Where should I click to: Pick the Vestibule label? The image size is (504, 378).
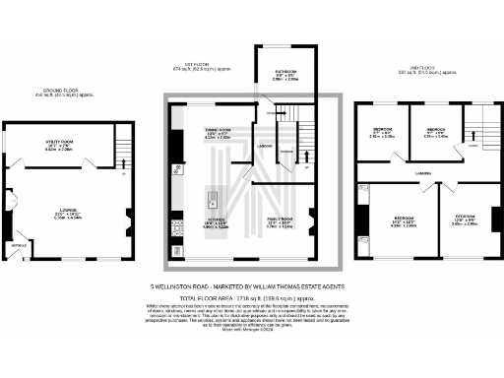(18, 244)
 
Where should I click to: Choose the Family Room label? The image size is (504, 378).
(282, 223)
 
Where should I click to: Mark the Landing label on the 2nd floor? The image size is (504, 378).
(424, 172)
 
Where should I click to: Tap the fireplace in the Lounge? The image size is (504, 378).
(129, 222)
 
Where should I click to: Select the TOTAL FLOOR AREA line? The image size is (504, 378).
(251, 296)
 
